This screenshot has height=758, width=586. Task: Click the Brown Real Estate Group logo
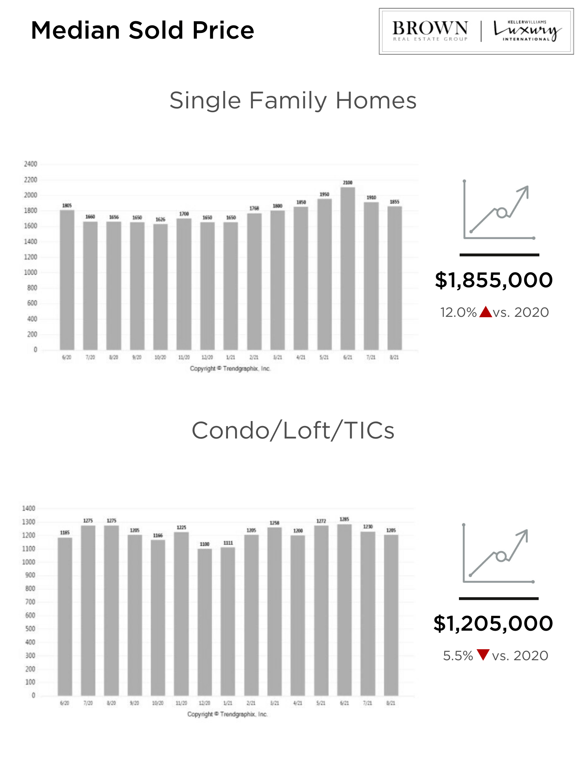click(x=430, y=31)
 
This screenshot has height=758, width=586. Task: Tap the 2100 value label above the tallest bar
click(x=347, y=183)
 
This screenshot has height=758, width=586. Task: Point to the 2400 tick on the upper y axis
click(x=30, y=164)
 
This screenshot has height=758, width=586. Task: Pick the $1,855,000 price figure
click(x=493, y=280)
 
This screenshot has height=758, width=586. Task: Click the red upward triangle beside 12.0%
click(x=485, y=312)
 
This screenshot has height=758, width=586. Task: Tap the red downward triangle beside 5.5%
click(x=483, y=655)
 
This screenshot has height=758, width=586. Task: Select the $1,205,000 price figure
click(x=493, y=623)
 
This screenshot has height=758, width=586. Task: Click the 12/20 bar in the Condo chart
click(x=205, y=622)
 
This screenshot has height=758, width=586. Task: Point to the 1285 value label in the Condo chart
click(x=344, y=519)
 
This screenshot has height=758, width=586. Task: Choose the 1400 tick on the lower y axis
click(x=28, y=508)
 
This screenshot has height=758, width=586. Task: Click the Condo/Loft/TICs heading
click(x=293, y=431)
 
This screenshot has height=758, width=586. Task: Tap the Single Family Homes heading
click(x=293, y=100)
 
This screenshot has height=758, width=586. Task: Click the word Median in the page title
click(x=75, y=30)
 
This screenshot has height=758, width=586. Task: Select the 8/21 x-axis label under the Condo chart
click(x=391, y=703)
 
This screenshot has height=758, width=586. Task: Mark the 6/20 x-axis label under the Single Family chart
click(x=67, y=357)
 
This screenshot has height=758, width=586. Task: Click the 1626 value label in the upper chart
click(x=160, y=219)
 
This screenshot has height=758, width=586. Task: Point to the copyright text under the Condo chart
click(x=228, y=714)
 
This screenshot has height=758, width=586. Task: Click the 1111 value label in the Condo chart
click(x=228, y=543)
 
